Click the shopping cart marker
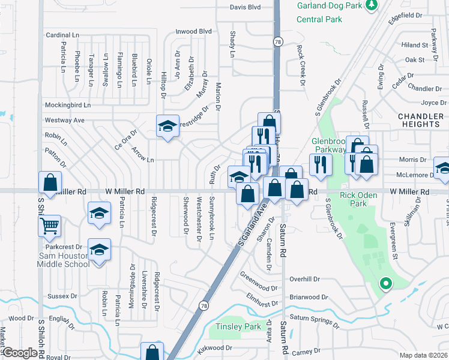coord(50,226)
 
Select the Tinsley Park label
coord(238,326)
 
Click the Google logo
coord(20,353)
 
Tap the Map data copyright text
coord(423,354)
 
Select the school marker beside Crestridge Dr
coord(168,126)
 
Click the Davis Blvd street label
coord(246,8)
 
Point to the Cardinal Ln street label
coord(62,35)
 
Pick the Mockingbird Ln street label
coord(67,105)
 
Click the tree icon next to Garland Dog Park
coord(372,5)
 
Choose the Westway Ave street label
coord(64,120)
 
